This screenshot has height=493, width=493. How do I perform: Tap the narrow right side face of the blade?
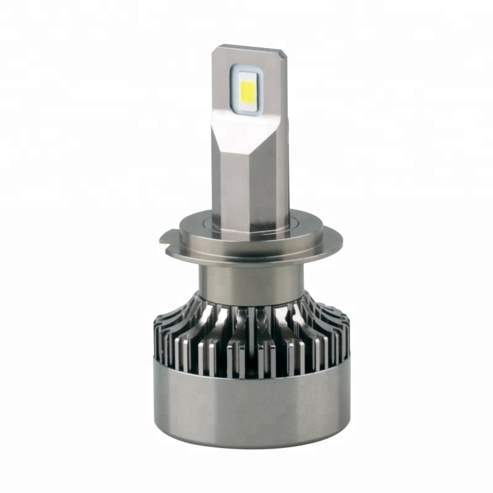[282, 154]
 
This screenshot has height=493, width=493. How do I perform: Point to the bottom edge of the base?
[246, 445]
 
